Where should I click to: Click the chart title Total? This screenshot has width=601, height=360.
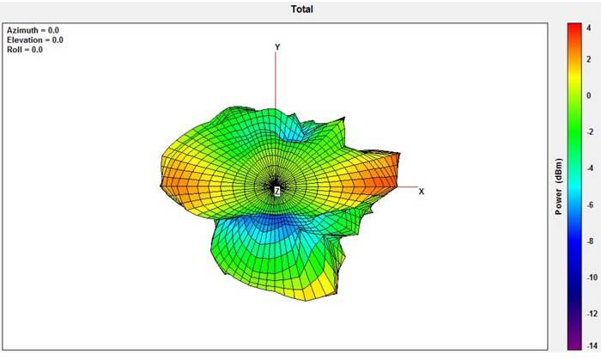(301, 9)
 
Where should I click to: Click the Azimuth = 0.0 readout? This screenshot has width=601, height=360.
(33, 30)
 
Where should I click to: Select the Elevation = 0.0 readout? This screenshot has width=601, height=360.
(35, 40)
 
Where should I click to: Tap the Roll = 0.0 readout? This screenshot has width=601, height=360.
(25, 50)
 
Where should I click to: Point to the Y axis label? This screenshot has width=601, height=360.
(277, 47)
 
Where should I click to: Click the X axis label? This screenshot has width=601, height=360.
(422, 192)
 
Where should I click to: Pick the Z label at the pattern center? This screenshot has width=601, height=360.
(276, 191)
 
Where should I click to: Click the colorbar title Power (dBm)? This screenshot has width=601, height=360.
(558, 186)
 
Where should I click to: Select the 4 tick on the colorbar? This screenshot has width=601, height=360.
(589, 28)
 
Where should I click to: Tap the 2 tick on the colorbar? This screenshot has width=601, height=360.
(589, 59)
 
